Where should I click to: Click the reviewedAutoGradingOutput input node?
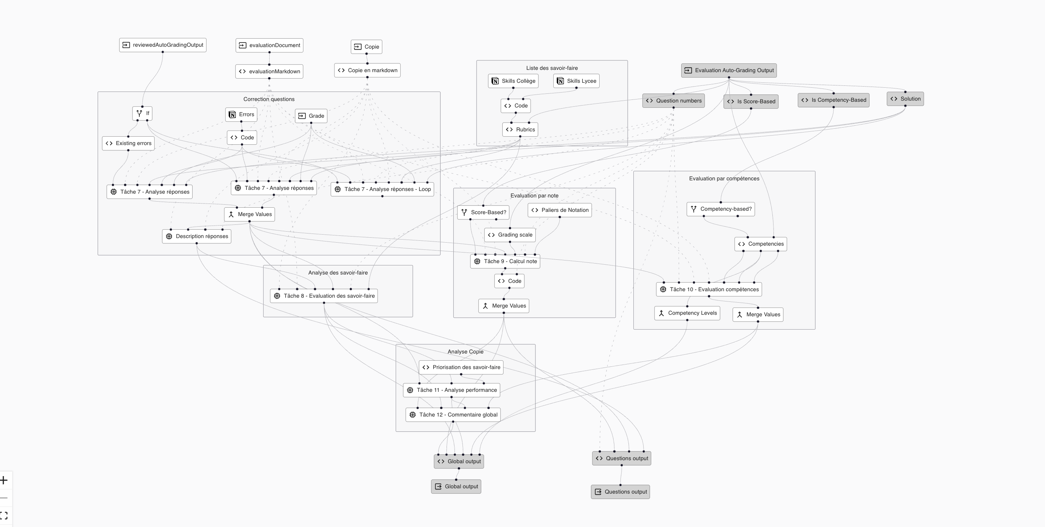163,45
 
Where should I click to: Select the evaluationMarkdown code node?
269,71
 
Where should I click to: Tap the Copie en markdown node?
368,70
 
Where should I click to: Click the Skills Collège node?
513,81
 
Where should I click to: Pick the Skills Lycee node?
576,81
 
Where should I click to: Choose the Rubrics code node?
521,129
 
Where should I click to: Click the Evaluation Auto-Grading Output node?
729,70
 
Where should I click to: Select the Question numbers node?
673,101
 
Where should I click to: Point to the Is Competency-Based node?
833,100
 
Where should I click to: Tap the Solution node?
905,99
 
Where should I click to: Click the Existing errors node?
128,143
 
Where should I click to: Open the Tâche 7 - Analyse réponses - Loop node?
382,189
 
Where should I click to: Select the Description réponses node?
197,236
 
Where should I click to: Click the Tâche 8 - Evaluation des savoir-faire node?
324,296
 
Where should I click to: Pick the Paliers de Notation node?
560,210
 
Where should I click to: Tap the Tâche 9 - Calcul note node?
505,261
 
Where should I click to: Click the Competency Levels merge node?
687,313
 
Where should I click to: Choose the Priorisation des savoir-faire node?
461,367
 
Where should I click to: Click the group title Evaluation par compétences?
724,178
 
